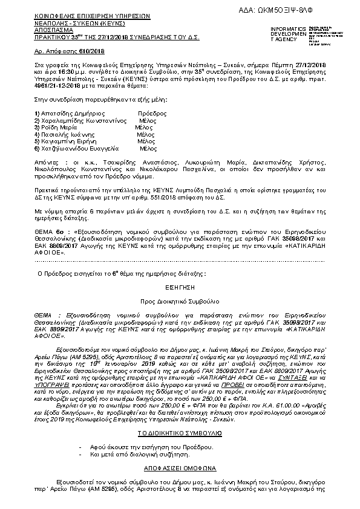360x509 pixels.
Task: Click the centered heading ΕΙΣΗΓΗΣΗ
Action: point(181,289)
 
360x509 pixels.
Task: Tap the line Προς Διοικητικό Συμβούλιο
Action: point(181,300)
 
